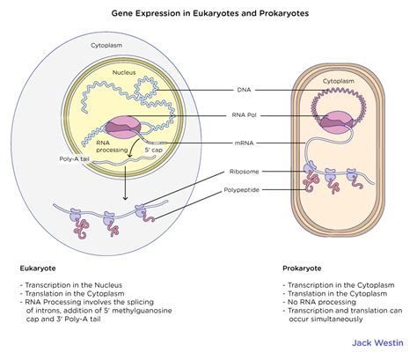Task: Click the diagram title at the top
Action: point(208,14)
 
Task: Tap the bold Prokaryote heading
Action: point(301,267)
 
